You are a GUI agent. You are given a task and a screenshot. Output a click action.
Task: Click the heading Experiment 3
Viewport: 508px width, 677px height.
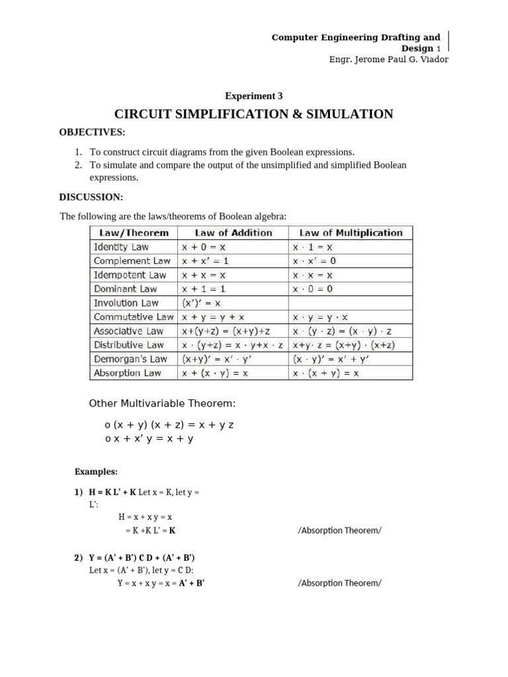pos(254,95)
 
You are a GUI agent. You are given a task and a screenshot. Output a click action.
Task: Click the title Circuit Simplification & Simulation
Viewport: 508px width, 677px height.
pos(254,114)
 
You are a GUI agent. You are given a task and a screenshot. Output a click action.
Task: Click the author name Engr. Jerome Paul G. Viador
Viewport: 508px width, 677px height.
pos(383,60)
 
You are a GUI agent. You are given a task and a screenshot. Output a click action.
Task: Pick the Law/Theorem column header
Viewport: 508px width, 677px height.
pos(134,233)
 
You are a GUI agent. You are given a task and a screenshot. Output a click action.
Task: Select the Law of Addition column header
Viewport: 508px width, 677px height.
pos(233,233)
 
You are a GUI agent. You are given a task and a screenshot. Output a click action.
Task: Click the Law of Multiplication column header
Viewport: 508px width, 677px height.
pos(351,233)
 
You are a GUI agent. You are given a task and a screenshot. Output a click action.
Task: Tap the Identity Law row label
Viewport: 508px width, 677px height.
pos(121,247)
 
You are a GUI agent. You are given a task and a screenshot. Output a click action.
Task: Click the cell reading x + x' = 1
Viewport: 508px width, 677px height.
pos(205,260)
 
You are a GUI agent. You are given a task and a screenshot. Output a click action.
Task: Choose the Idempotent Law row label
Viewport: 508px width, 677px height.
pos(130,274)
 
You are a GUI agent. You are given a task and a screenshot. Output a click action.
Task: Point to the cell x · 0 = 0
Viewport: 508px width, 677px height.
pos(313,289)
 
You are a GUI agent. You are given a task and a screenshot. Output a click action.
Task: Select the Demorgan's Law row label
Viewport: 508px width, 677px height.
pos(130,359)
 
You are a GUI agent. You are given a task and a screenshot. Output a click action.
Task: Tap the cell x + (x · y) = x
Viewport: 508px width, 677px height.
pos(215,373)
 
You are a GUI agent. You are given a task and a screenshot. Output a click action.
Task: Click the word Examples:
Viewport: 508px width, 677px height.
pos(96,471)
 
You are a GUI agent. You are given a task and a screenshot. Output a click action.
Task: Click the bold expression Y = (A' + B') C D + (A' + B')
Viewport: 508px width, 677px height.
pos(142,557)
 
